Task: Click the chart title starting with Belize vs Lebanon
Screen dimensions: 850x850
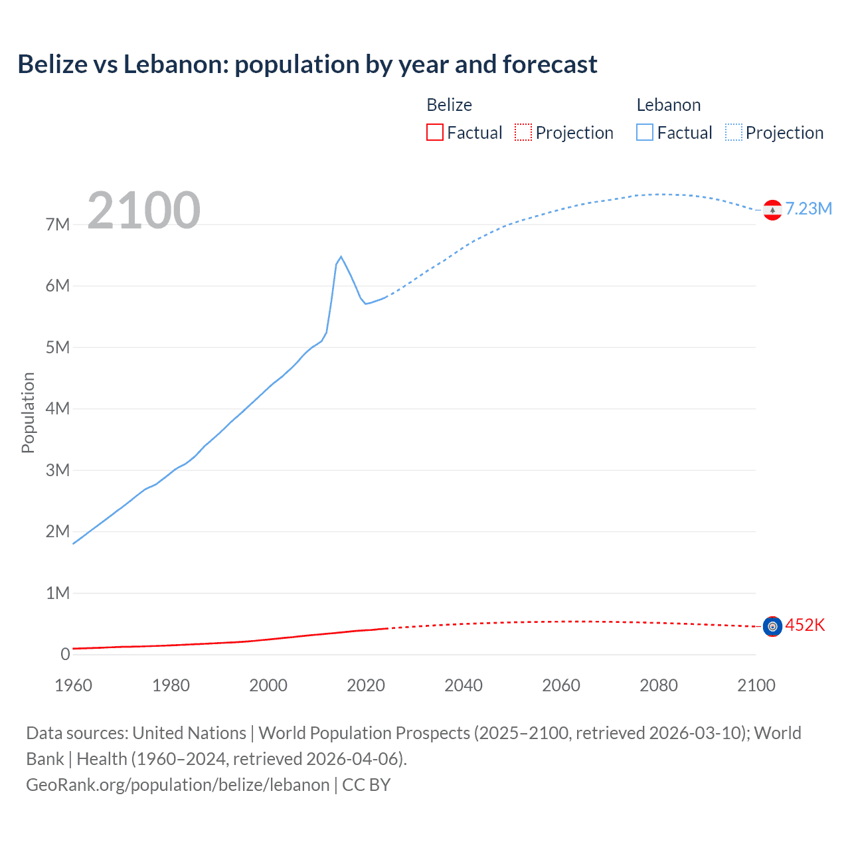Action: pos(307,64)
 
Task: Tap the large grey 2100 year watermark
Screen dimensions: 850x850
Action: pos(143,211)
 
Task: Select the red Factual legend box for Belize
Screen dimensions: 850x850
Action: pos(434,133)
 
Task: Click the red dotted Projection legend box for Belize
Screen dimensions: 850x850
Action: pos(523,133)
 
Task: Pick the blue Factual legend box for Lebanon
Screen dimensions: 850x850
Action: pos(645,133)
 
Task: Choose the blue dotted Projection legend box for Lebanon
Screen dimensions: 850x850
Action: pos(734,133)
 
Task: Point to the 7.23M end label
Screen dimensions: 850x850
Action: pos(808,209)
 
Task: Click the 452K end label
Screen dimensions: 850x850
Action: pos(805,626)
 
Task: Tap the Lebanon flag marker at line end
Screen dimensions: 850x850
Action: pos(772,210)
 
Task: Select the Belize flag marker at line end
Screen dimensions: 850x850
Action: pos(772,626)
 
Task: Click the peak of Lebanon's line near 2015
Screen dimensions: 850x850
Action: pos(341,257)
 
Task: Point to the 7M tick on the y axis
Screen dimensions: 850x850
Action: pos(58,224)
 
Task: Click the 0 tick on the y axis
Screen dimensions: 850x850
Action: pos(65,654)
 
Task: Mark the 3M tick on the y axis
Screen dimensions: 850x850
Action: pos(58,470)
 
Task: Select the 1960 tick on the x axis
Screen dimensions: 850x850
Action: pos(73,685)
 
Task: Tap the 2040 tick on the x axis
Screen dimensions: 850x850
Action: pos(464,685)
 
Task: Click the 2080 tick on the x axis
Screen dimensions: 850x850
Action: pos(659,685)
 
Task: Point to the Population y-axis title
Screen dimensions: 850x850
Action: pos(28,412)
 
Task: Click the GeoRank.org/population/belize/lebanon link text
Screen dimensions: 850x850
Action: pos(178,785)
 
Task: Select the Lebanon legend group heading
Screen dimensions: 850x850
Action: pos(668,105)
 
